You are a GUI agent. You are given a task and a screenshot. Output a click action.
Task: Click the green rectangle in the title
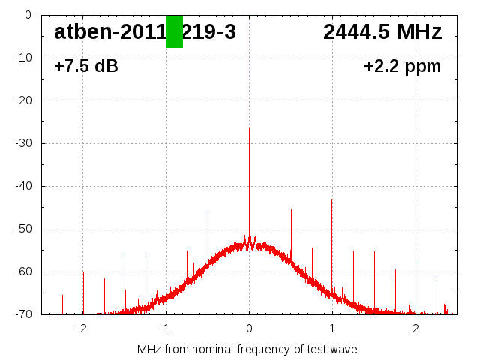[174, 31]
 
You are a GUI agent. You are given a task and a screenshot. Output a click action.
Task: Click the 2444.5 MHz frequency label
[382, 32]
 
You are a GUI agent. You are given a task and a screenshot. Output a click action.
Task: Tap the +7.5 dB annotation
[86, 66]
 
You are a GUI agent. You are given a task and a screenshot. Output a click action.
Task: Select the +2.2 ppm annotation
[402, 66]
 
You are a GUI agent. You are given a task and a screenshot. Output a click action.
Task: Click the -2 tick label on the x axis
[82, 328]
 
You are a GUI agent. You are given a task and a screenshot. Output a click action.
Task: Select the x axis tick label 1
[332, 328]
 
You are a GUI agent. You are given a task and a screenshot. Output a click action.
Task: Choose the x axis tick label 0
[249, 328]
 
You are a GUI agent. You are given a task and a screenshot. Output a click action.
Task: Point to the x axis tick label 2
[415, 328]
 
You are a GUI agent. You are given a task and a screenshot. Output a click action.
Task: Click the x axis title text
[247, 349]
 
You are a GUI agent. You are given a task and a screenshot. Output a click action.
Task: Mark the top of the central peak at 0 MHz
[250, 128]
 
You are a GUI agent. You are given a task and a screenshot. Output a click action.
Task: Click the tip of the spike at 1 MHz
[332, 199]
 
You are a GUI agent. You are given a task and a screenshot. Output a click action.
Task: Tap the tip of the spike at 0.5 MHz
[291, 209]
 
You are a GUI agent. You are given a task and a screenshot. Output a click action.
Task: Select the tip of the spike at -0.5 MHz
[208, 211]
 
